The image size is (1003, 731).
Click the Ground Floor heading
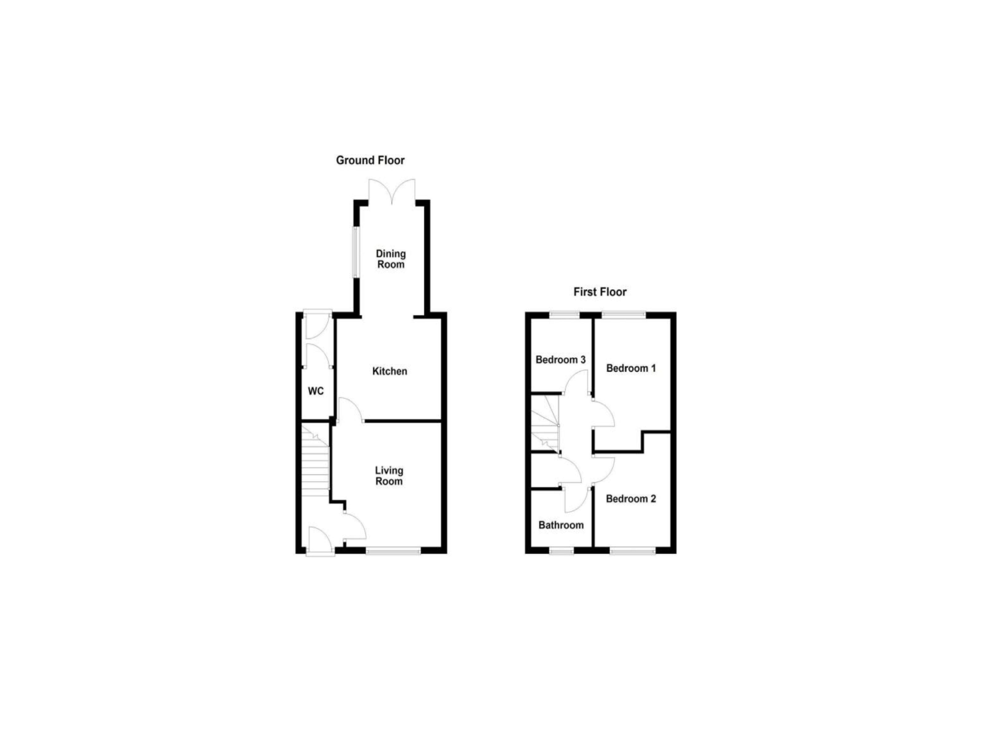[370, 160]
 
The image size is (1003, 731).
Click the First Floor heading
[600, 292]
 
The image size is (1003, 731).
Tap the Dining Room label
[390, 259]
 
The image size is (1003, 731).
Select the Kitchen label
[390, 371]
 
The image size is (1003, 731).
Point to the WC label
[316, 391]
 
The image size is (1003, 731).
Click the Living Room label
[389, 476]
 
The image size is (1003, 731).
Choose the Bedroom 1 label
[631, 368]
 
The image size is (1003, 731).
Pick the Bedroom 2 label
[631, 499]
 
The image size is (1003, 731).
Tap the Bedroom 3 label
[561, 360]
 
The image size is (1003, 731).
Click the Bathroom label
[561, 525]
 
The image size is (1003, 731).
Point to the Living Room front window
[393, 550]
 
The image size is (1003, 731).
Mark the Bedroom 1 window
[624, 315]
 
